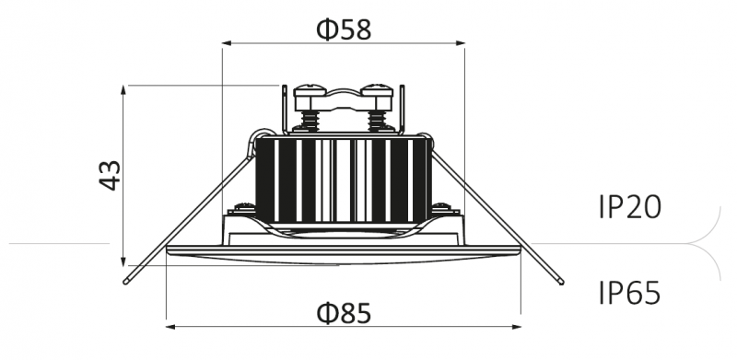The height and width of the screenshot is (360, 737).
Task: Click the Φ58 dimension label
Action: (344, 29)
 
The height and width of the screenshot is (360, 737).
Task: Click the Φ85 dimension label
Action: (344, 313)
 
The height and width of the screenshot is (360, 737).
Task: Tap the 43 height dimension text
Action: (110, 175)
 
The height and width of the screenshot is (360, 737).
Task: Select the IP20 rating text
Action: (630, 207)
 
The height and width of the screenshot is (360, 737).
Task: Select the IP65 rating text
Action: (630, 294)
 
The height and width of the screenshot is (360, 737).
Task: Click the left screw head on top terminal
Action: (310, 91)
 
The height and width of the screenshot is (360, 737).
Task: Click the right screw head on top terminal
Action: (377, 91)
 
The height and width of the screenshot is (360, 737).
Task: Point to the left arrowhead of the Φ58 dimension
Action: (227, 43)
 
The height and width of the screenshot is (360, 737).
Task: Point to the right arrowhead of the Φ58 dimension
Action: (460, 43)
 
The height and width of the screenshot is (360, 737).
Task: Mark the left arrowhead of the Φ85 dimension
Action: (171, 327)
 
